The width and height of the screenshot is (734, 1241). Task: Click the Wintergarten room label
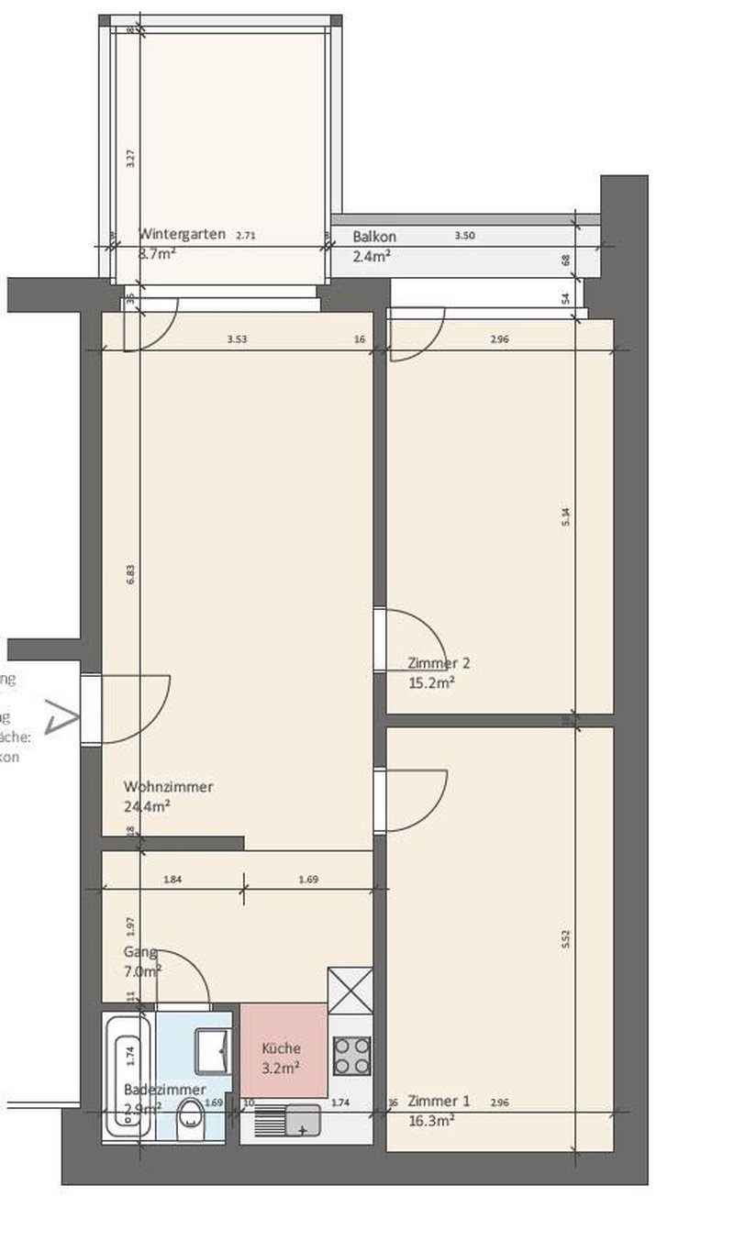tap(182, 234)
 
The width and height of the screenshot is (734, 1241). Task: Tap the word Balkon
tap(374, 237)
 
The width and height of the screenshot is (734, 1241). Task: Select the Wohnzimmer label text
tap(169, 787)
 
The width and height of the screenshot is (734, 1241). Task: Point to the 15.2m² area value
tap(431, 682)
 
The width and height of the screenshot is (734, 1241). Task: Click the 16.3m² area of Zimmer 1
tap(431, 1121)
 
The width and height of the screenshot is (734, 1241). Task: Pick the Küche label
tap(281, 1048)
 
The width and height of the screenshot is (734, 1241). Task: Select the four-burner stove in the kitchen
tap(351, 1055)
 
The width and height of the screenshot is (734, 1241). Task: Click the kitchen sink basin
tap(303, 1119)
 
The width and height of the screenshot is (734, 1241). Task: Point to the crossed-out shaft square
tap(350, 990)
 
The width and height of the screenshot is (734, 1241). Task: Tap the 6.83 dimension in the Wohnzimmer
tap(131, 575)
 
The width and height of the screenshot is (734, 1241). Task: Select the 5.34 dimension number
tap(566, 516)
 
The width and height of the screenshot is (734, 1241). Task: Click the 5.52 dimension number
tap(566, 939)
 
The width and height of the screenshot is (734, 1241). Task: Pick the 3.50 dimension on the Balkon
tap(465, 236)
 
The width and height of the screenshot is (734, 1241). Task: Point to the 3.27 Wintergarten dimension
tap(131, 158)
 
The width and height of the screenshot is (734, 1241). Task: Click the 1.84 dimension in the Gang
tap(172, 880)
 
